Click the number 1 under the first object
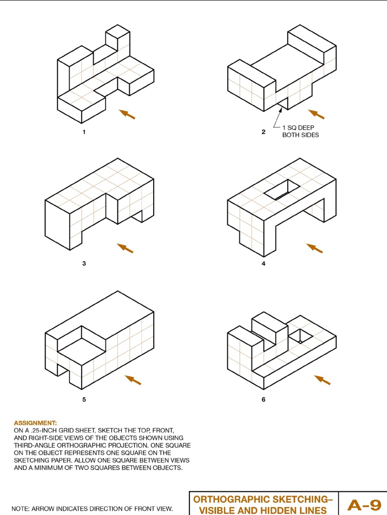point(84,132)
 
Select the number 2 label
point(264,132)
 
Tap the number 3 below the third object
point(84,263)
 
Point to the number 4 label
point(264,263)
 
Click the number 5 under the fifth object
point(84,400)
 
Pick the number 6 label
point(264,400)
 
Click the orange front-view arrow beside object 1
point(127,114)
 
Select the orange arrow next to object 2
point(316,114)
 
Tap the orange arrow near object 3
point(125,248)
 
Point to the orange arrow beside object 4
point(314,248)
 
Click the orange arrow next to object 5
point(133,380)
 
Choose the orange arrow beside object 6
point(322,380)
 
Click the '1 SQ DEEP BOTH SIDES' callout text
point(300,131)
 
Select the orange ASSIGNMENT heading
point(35,423)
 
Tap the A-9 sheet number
point(364,505)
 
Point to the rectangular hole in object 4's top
point(282,189)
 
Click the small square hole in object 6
point(300,335)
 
